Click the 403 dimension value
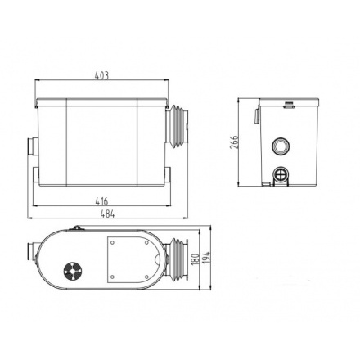click(x=101, y=75)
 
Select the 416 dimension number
click(x=101, y=201)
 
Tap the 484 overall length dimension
click(x=107, y=214)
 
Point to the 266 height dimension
click(x=234, y=142)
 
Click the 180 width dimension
click(x=195, y=259)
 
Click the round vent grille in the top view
click(x=72, y=271)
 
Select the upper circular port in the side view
click(x=280, y=146)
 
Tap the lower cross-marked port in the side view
click(x=281, y=174)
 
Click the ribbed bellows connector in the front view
click(x=178, y=126)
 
